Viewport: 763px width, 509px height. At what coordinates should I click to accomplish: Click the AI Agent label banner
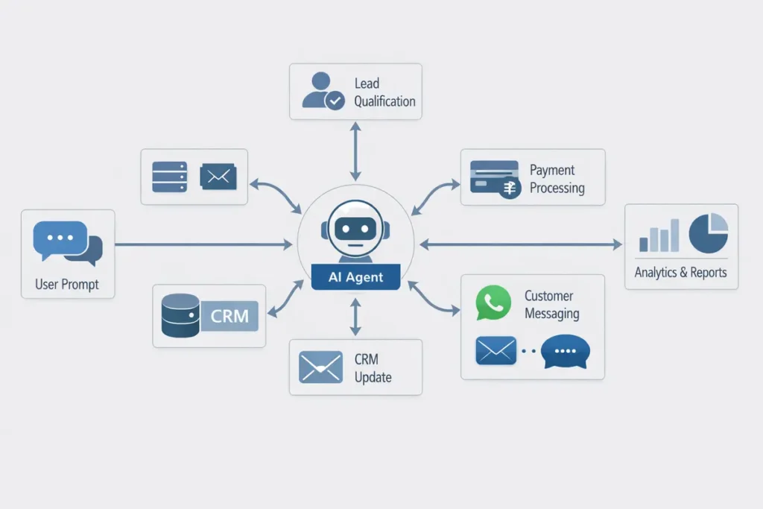[355, 277]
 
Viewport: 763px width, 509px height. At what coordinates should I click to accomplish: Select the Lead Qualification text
[384, 92]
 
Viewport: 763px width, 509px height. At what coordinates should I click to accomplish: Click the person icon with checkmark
[323, 91]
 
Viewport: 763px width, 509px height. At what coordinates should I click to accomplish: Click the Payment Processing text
[557, 179]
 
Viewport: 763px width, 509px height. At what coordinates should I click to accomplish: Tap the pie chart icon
[708, 233]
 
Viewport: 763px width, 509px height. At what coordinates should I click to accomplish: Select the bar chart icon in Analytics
[659, 235]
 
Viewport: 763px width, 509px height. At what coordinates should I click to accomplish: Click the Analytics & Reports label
[680, 272]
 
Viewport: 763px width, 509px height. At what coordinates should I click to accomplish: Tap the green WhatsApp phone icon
[493, 303]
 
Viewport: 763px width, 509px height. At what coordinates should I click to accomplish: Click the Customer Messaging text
[551, 305]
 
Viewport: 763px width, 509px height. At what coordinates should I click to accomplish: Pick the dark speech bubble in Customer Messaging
[566, 351]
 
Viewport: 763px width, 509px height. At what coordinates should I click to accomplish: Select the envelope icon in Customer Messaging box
[496, 350]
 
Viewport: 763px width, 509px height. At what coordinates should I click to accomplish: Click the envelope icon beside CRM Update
[320, 367]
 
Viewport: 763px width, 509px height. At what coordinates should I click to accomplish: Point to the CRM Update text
[373, 368]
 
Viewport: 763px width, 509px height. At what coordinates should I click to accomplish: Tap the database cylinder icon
[180, 315]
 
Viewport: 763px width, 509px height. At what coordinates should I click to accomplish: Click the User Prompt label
[67, 284]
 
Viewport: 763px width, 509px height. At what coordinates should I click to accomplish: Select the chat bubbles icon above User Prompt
[67, 244]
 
